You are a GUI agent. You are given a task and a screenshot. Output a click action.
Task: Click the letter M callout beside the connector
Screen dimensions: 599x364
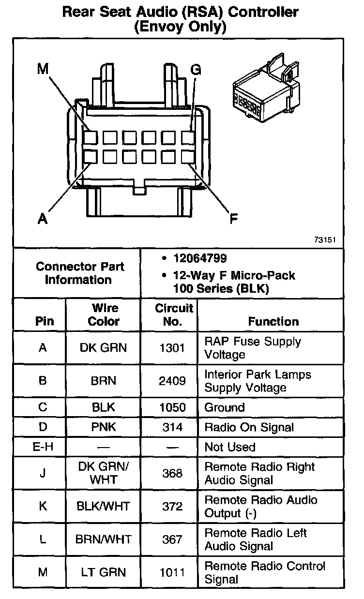(x=43, y=69)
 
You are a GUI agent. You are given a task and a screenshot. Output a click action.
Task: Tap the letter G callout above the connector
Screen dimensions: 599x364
(x=195, y=69)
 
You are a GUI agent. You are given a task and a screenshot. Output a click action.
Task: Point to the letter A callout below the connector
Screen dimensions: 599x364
(x=43, y=219)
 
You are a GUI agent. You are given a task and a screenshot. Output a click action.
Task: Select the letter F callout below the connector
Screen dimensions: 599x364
(x=233, y=219)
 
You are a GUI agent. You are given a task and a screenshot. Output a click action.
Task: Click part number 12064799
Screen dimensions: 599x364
(x=200, y=259)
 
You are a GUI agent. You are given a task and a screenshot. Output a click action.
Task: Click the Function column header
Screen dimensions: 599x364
(x=273, y=321)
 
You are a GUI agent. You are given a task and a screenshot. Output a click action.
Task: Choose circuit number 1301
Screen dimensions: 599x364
(x=172, y=348)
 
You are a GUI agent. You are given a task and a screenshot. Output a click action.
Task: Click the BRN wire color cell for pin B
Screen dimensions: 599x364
(x=103, y=381)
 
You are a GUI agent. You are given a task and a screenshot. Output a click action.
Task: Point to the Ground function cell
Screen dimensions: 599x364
(x=224, y=407)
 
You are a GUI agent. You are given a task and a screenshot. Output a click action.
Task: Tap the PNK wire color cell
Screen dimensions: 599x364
(x=103, y=427)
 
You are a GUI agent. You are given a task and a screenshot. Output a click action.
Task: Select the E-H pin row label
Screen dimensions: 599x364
(x=42, y=447)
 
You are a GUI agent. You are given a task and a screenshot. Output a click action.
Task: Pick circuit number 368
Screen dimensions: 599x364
(x=172, y=473)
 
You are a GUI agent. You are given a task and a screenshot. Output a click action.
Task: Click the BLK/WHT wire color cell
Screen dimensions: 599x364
(x=103, y=506)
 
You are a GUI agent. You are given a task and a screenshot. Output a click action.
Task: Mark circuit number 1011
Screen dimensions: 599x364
(x=172, y=572)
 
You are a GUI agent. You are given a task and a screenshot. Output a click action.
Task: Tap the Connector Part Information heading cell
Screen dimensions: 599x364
(x=80, y=273)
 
